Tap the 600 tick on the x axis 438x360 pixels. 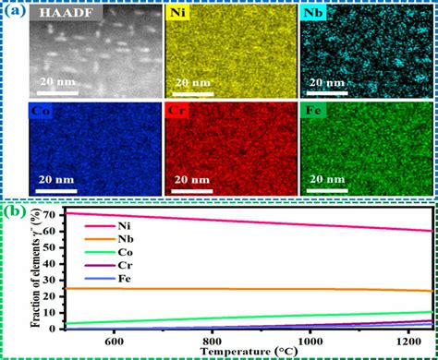point(114,340)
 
